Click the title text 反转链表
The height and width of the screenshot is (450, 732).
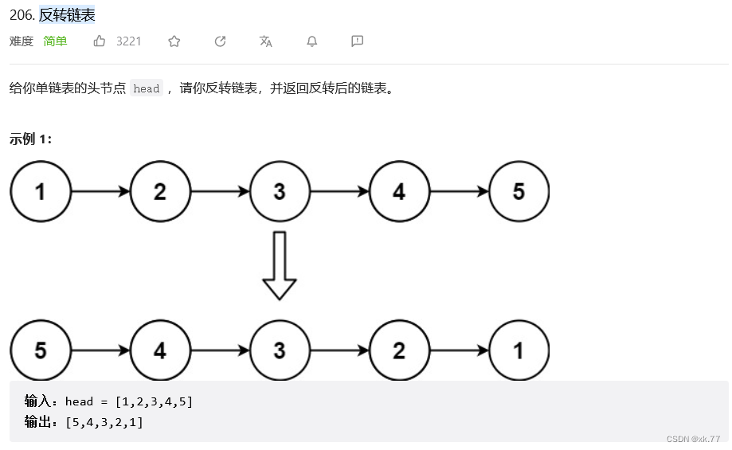tap(67, 15)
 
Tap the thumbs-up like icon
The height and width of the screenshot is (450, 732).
tap(100, 41)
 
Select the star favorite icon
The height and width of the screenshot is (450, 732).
tap(174, 41)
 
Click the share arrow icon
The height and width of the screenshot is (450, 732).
tap(221, 41)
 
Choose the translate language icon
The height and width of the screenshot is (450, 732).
tap(266, 41)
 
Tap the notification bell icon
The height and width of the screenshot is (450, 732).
tap(312, 41)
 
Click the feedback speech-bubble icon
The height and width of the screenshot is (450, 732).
tap(358, 41)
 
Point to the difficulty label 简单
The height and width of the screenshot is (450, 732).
tap(56, 41)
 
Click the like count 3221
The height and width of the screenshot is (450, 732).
tap(129, 41)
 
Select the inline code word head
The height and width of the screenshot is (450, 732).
tap(147, 89)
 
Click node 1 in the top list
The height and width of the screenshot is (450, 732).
tap(41, 192)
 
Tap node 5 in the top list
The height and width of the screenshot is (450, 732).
tap(519, 192)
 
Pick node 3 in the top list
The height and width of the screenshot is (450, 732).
tap(280, 192)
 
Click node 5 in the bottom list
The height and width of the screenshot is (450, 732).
tap(41, 350)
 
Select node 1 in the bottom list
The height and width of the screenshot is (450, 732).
tap(519, 350)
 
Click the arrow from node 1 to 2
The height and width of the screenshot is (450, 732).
tap(100, 192)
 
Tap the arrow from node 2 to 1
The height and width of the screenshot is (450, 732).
tap(459, 350)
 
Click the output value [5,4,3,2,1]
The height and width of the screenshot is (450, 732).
tap(104, 422)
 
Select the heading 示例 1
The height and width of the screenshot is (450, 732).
tap(30, 139)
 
